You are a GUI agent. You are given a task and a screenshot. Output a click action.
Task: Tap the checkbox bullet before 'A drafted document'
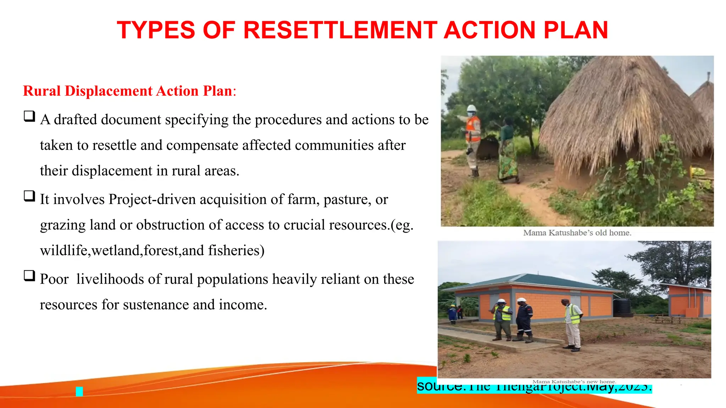pyautogui.click(x=29, y=116)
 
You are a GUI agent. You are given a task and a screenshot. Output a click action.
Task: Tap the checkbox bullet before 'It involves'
pyautogui.click(x=29, y=196)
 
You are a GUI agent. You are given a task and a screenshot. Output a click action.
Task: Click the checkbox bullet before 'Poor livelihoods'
pyautogui.click(x=29, y=276)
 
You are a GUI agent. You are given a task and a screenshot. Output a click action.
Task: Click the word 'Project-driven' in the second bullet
pyautogui.click(x=152, y=199)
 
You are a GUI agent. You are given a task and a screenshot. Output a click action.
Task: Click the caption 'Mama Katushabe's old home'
pyautogui.click(x=577, y=233)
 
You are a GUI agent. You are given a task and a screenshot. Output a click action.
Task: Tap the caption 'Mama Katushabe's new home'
pyautogui.click(x=574, y=381)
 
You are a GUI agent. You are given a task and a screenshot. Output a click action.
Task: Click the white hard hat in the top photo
pyautogui.click(x=471, y=108)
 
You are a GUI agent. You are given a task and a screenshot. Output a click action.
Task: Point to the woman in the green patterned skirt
pyautogui.click(x=508, y=152)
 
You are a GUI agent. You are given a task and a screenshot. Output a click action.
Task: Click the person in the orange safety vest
pyautogui.click(x=473, y=138)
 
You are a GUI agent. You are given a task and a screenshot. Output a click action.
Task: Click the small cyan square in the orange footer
pyautogui.click(x=79, y=391)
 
